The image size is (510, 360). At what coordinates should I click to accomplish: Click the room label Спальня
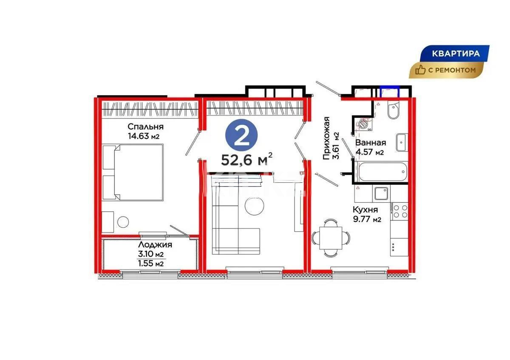point(146,127)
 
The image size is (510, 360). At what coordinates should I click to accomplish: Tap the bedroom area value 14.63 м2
point(146,136)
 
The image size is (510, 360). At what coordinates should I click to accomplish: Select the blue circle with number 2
point(242,135)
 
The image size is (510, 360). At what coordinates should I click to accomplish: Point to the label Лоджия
point(155,245)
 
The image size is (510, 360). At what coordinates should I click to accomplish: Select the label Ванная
point(371,143)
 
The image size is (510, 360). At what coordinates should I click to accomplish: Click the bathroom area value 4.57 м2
point(370,152)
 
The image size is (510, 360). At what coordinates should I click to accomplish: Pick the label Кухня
point(365,210)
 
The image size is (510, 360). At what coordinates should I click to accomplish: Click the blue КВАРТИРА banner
point(456,54)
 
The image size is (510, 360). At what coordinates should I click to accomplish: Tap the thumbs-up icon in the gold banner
point(421,71)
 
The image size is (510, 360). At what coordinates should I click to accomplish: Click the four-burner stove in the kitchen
point(399,211)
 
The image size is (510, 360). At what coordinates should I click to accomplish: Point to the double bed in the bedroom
point(133,172)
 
